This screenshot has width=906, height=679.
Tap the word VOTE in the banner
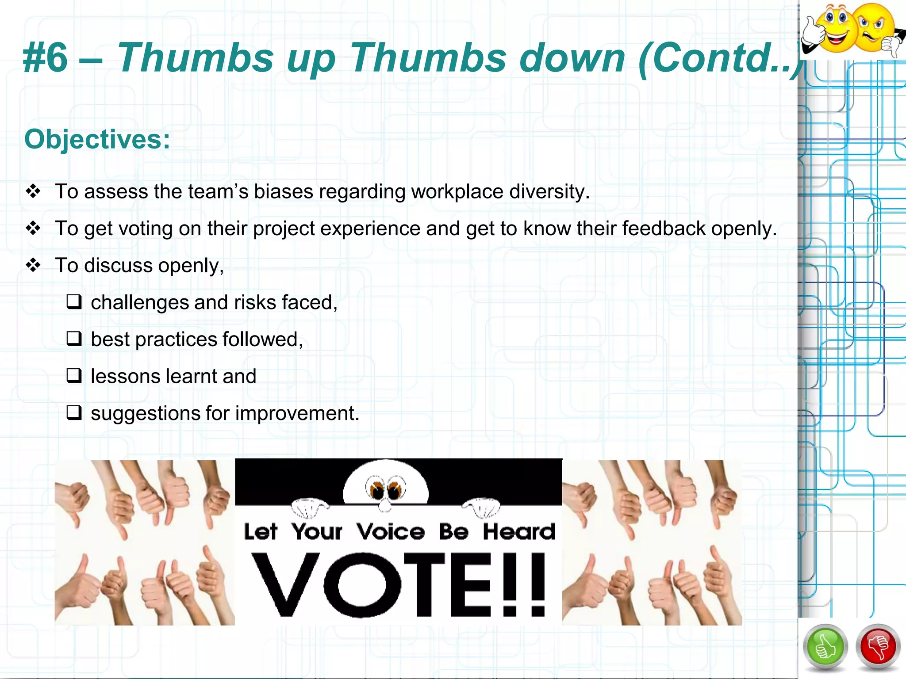pyautogui.click(x=372, y=584)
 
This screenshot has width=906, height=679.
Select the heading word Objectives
pyautogui.click(x=97, y=140)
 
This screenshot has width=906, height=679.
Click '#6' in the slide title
pyautogui.click(x=46, y=58)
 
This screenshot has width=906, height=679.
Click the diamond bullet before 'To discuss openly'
pyautogui.click(x=33, y=265)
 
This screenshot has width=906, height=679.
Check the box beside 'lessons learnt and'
pyautogui.click(x=74, y=376)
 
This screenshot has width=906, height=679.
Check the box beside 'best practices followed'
pyautogui.click(x=74, y=339)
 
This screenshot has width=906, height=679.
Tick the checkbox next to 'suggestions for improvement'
pyautogui.click(x=74, y=413)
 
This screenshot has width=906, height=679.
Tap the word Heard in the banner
pyautogui.click(x=518, y=531)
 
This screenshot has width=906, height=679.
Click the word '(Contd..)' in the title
pyautogui.click(x=721, y=58)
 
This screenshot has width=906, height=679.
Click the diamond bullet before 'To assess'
pyautogui.click(x=33, y=191)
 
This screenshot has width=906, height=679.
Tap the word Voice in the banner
pyautogui.click(x=391, y=531)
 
